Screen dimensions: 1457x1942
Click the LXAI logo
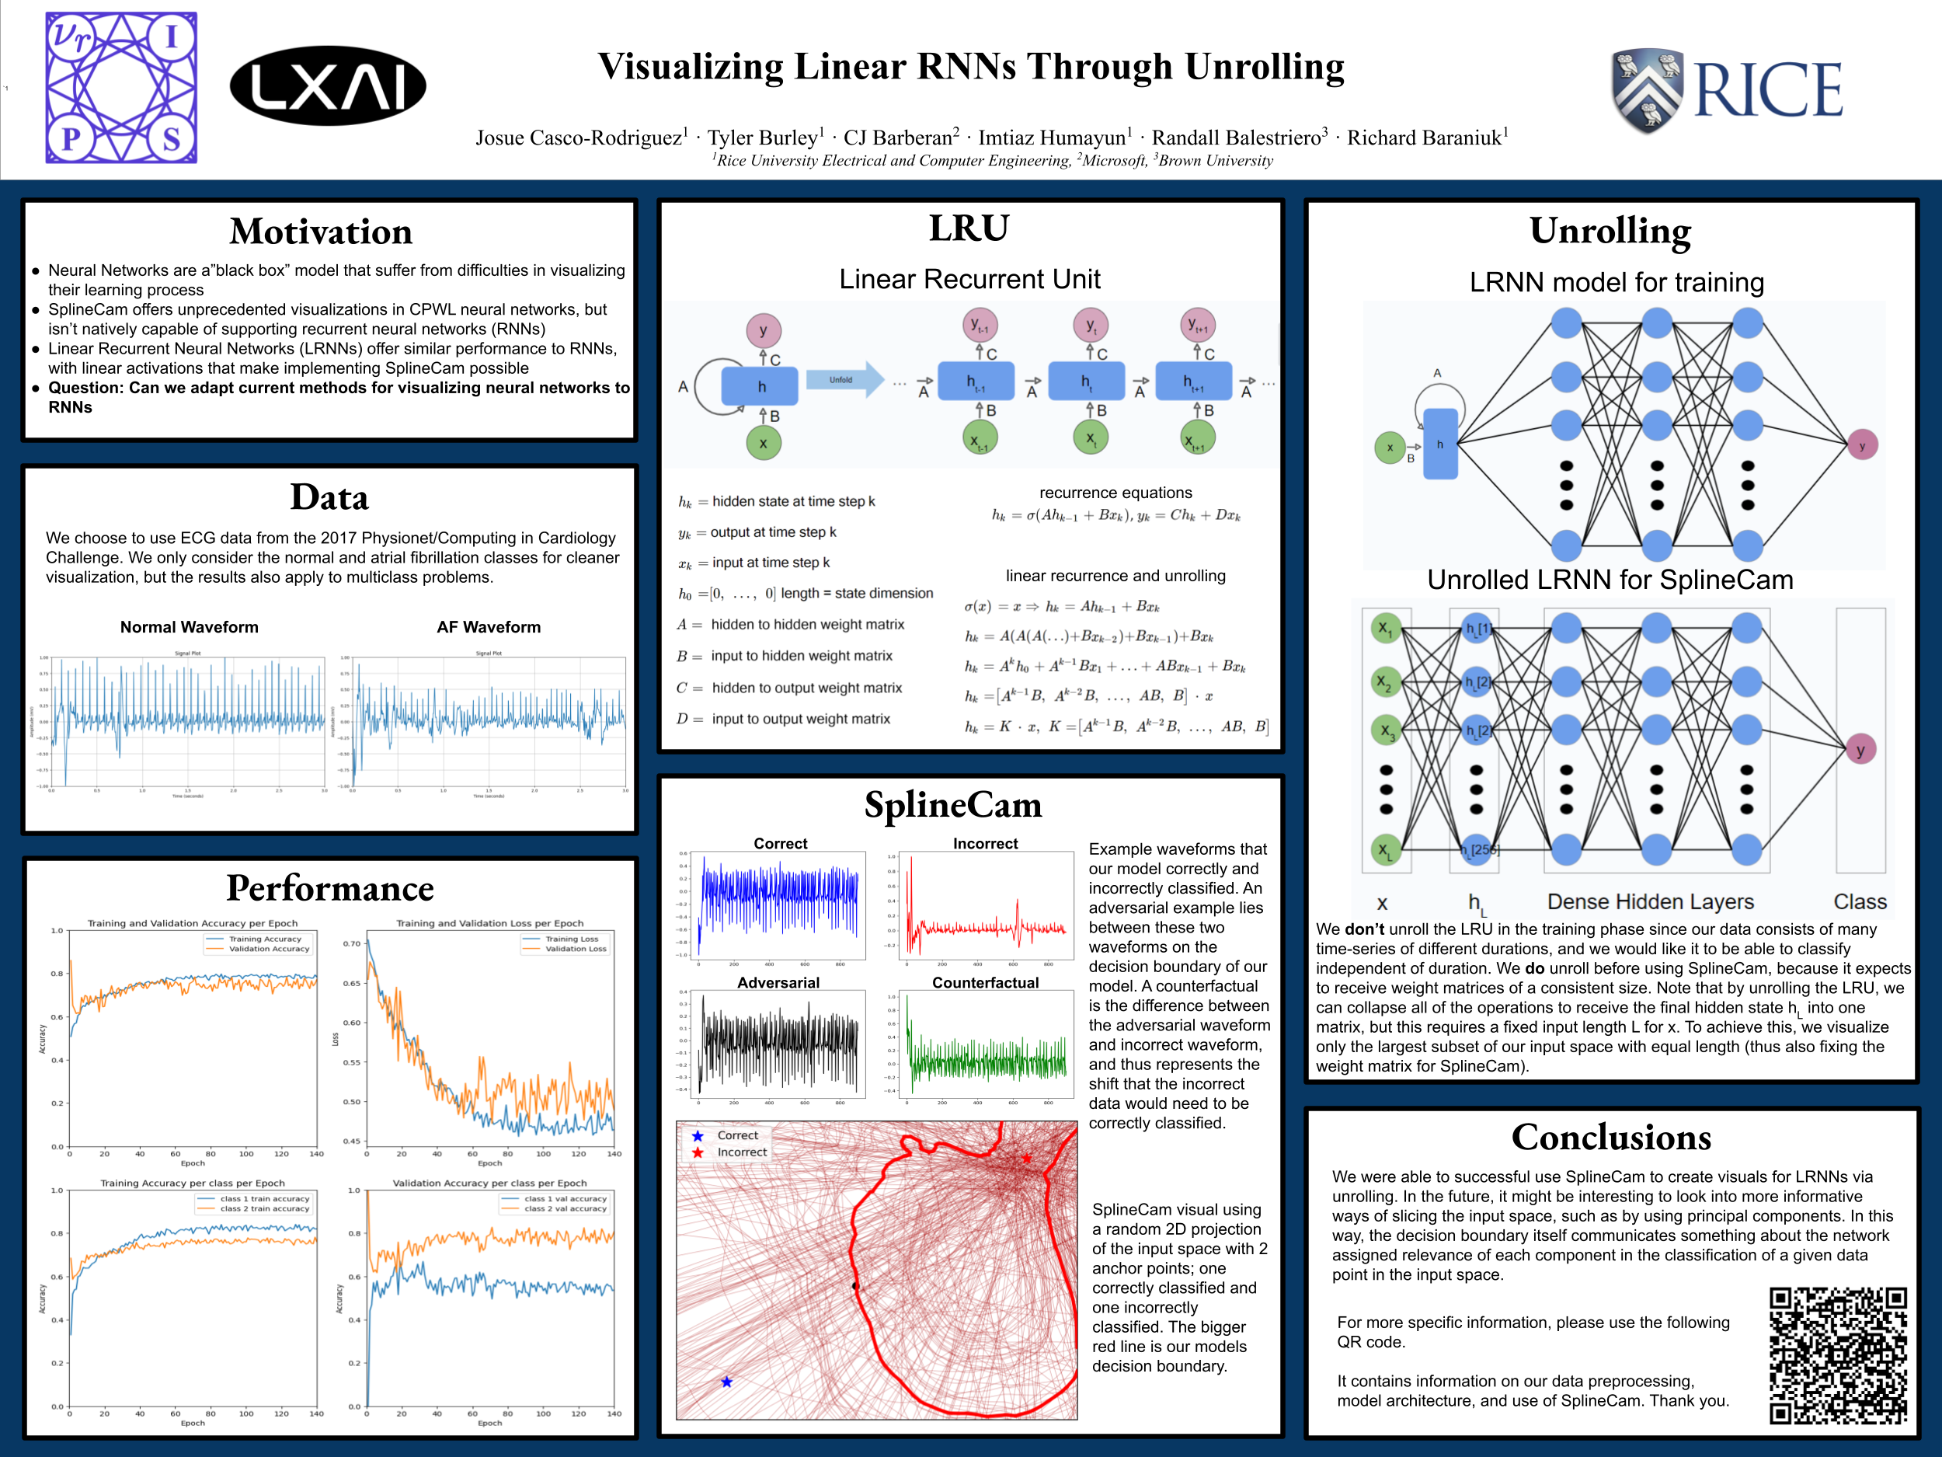pyautogui.click(x=328, y=86)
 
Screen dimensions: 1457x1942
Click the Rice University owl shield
pyautogui.click(x=1647, y=89)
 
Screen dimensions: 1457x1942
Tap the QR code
pyautogui.click(x=1838, y=1355)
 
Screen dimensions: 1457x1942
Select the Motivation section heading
pyautogui.click(x=321, y=232)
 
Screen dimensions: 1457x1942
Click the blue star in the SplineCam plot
pyautogui.click(x=726, y=1382)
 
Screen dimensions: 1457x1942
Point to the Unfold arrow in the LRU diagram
pyautogui.click(x=843, y=380)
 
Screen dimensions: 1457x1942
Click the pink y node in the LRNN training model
pyautogui.click(x=1861, y=445)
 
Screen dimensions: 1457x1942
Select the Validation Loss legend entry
pyautogui.click(x=575, y=949)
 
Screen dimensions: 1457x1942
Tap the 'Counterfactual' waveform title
pyautogui.click(x=985, y=983)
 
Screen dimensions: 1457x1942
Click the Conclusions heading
pyautogui.click(x=1611, y=1138)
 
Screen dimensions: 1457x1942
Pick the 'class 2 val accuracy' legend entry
pyautogui.click(x=565, y=1208)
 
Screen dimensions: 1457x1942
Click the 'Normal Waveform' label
pyautogui.click(x=189, y=627)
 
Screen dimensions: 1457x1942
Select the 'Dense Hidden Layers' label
pyautogui.click(x=1650, y=902)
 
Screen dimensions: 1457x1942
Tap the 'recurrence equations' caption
pyautogui.click(x=1115, y=493)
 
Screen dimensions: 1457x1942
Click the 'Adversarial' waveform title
pyautogui.click(x=778, y=983)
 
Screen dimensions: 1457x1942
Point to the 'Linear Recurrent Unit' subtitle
pyautogui.click(x=969, y=279)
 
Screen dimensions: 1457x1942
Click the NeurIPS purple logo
pyautogui.click(x=121, y=88)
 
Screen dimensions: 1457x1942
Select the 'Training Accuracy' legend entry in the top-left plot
pyautogui.click(x=264, y=939)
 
